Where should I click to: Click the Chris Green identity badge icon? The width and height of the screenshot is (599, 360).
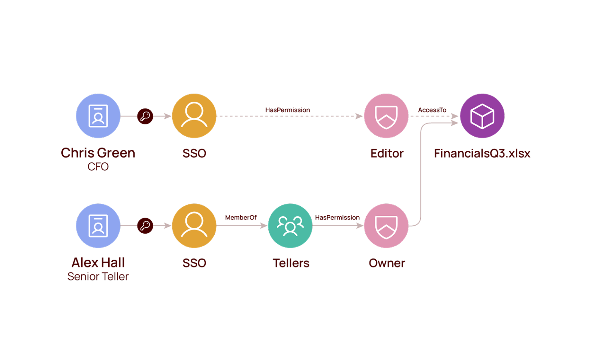tap(98, 116)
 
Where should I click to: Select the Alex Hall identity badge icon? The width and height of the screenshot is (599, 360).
tap(98, 226)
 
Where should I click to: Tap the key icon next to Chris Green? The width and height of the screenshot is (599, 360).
tap(145, 116)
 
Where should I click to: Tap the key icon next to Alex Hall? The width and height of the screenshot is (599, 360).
tap(145, 226)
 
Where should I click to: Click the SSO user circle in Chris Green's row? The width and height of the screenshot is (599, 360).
tap(194, 116)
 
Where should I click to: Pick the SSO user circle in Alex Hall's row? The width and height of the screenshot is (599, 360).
tap(194, 226)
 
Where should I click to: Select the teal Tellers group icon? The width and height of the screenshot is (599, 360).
tap(290, 226)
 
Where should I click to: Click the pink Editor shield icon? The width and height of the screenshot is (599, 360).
tap(386, 116)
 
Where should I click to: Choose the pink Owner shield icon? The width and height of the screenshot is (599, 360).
tap(386, 226)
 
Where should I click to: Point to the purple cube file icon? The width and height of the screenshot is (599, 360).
tap(482, 116)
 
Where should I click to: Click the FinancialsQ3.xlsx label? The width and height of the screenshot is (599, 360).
tap(482, 153)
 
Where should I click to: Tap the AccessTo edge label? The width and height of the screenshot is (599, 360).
tap(432, 110)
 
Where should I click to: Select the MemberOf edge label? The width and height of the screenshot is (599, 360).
tap(241, 218)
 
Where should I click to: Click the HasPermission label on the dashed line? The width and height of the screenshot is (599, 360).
tap(288, 110)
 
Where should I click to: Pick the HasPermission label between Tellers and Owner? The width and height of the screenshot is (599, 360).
tap(337, 218)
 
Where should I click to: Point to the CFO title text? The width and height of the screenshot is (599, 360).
tap(98, 166)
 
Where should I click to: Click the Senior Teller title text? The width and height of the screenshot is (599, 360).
tap(98, 276)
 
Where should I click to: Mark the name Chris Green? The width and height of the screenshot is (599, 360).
tap(98, 153)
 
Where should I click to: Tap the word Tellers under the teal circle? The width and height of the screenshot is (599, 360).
tap(291, 263)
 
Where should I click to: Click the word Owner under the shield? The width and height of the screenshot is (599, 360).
tap(387, 263)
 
